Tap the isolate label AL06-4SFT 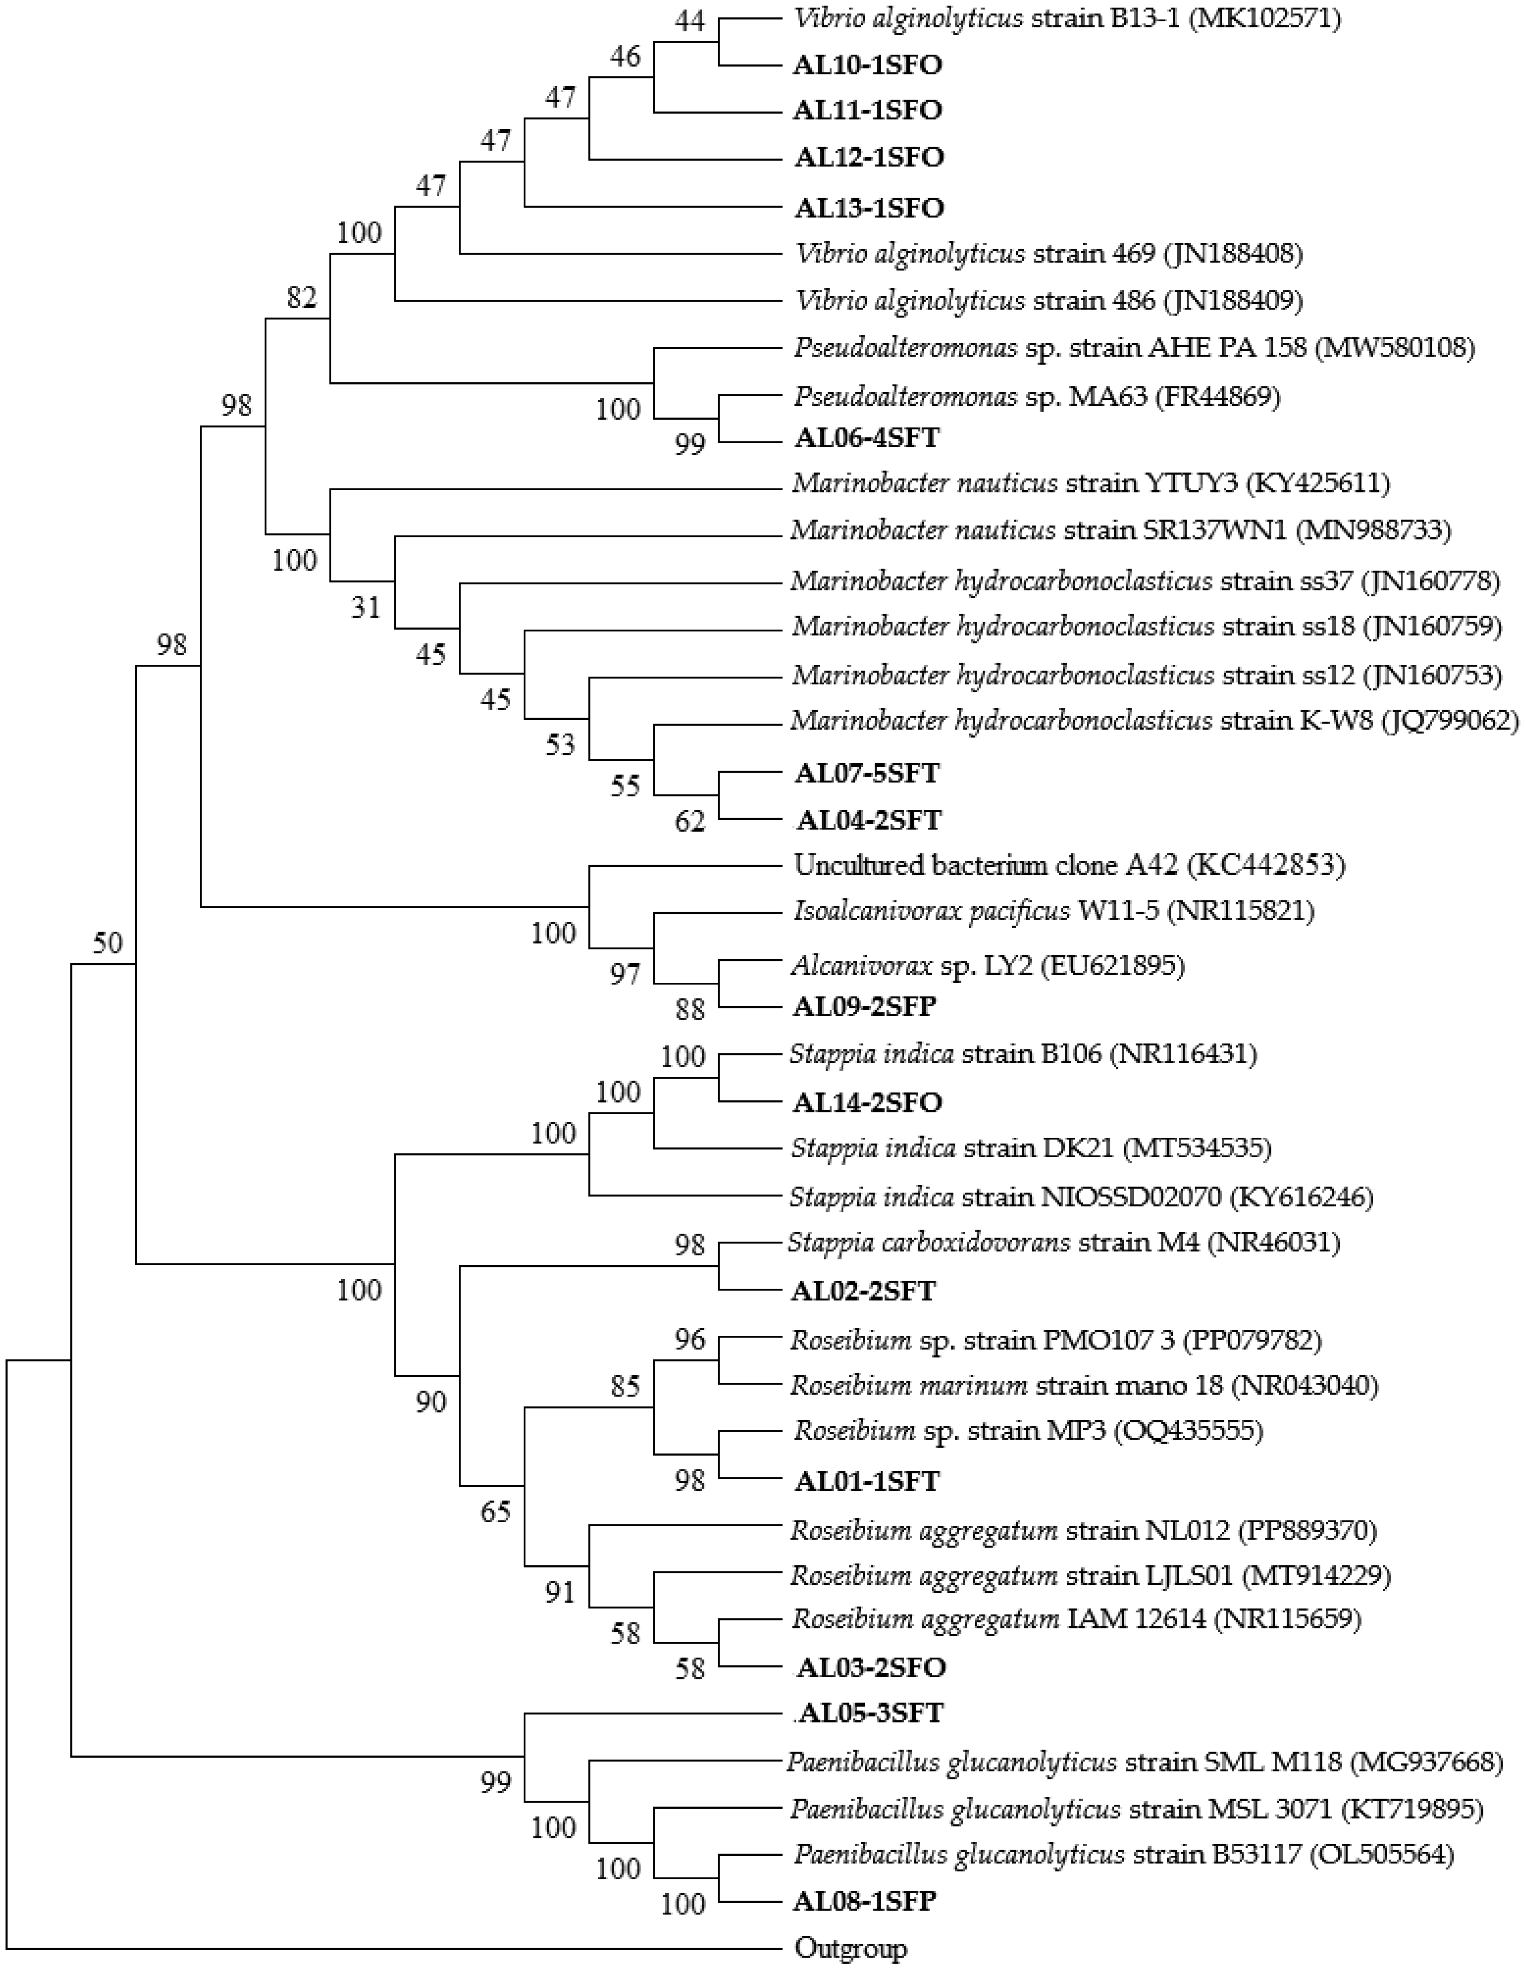click(867, 438)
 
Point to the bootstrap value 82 click(302, 298)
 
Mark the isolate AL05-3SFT click(870, 1713)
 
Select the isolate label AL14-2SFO click(868, 1102)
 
